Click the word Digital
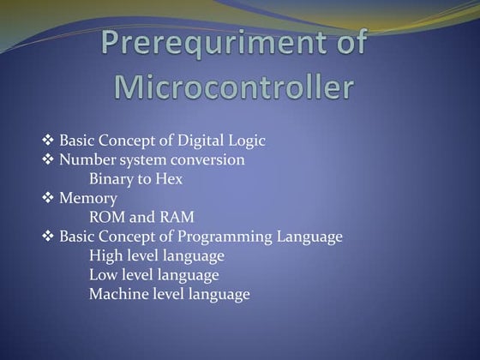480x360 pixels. point(203,141)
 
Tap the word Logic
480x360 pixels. point(248,141)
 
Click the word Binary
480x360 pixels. point(111,179)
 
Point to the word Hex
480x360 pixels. point(170,179)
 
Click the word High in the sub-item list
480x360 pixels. point(105,255)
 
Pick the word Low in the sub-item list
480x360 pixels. point(104,275)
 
